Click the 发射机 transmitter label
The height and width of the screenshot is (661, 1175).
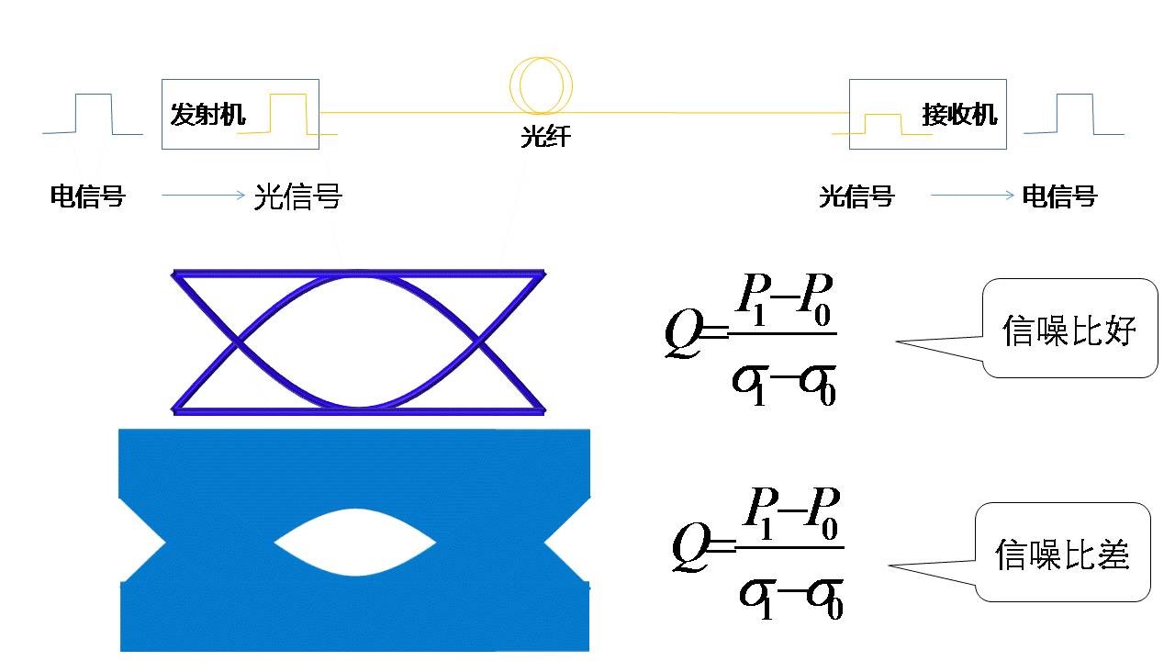(208, 115)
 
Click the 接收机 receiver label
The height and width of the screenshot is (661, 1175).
(959, 116)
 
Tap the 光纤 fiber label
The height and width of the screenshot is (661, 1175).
(546, 138)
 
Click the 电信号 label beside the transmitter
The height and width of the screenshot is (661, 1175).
(87, 196)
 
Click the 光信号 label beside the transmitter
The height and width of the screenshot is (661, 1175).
(297, 196)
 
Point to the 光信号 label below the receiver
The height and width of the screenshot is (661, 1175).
(856, 196)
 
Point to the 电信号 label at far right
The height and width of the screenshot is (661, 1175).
(1059, 196)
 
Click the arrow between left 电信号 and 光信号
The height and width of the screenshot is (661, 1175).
(203, 195)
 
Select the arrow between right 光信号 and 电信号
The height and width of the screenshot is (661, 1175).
(971, 195)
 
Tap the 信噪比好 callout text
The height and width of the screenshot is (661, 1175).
(1069, 330)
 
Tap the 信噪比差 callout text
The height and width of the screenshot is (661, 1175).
(1062, 554)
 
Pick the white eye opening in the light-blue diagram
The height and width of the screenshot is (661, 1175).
(355, 543)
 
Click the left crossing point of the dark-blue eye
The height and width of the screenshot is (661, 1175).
(238, 342)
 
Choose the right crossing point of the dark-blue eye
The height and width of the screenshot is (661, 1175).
(479, 342)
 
